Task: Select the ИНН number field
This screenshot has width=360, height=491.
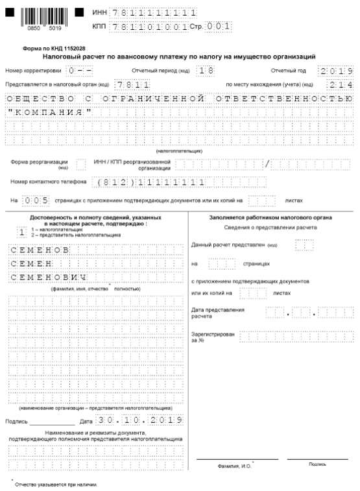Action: [154, 12]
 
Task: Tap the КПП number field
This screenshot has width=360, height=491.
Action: [149, 27]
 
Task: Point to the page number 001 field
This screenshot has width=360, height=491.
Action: [219, 27]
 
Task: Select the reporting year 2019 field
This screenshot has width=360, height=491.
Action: [336, 71]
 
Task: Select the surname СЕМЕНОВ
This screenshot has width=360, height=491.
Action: [39, 249]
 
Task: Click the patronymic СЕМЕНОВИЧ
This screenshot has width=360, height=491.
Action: [48, 278]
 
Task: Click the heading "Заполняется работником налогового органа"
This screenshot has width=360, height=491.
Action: [270, 217]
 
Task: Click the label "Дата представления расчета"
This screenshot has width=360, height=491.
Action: [218, 313]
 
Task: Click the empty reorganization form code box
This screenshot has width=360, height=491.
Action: [81, 163]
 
